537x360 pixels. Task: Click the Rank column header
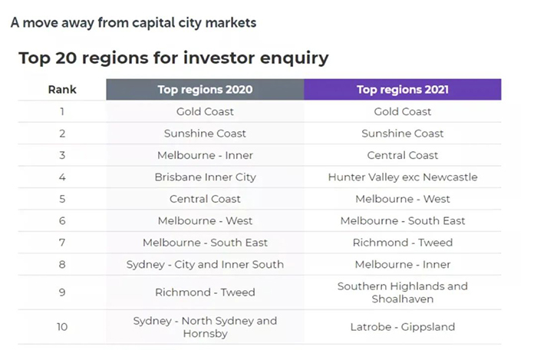click(x=62, y=90)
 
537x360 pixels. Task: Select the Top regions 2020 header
click(x=205, y=89)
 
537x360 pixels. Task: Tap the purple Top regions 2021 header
click(x=403, y=89)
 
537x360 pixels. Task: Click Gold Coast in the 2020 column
click(x=205, y=111)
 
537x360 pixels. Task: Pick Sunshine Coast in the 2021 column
click(x=403, y=134)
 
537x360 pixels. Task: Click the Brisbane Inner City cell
click(x=205, y=177)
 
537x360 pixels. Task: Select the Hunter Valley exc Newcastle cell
click(x=403, y=177)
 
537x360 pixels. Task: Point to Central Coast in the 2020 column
click(x=205, y=199)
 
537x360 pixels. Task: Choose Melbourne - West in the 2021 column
click(x=403, y=199)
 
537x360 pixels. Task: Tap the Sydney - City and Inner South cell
click(x=205, y=265)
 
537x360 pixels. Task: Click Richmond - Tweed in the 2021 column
click(x=403, y=243)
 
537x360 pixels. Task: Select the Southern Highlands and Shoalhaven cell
click(x=403, y=292)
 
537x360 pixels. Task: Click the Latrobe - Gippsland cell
click(x=403, y=327)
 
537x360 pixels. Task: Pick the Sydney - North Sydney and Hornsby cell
click(x=205, y=327)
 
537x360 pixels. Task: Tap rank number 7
click(x=62, y=243)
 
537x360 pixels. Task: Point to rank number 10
click(x=62, y=327)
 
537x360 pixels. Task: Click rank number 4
click(x=62, y=177)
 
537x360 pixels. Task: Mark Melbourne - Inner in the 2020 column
click(x=205, y=156)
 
